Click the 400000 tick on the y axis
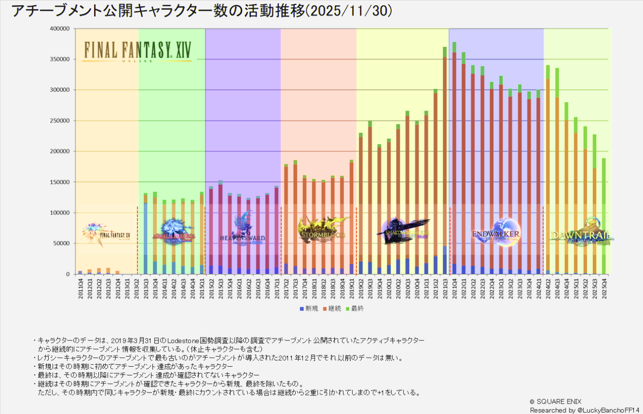pyautogui.click(x=60, y=29)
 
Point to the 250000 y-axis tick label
pyautogui.click(x=60, y=121)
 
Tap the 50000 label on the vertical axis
pyautogui.click(x=62, y=244)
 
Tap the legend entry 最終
pyautogui.click(x=356, y=309)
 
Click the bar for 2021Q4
pyautogui.click(x=454, y=158)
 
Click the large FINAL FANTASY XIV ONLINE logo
pyautogui.click(x=137, y=51)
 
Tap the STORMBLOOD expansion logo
pyautogui.click(x=323, y=230)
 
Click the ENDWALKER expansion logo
pyautogui.click(x=497, y=233)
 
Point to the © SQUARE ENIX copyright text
pyautogui.click(x=556, y=402)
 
